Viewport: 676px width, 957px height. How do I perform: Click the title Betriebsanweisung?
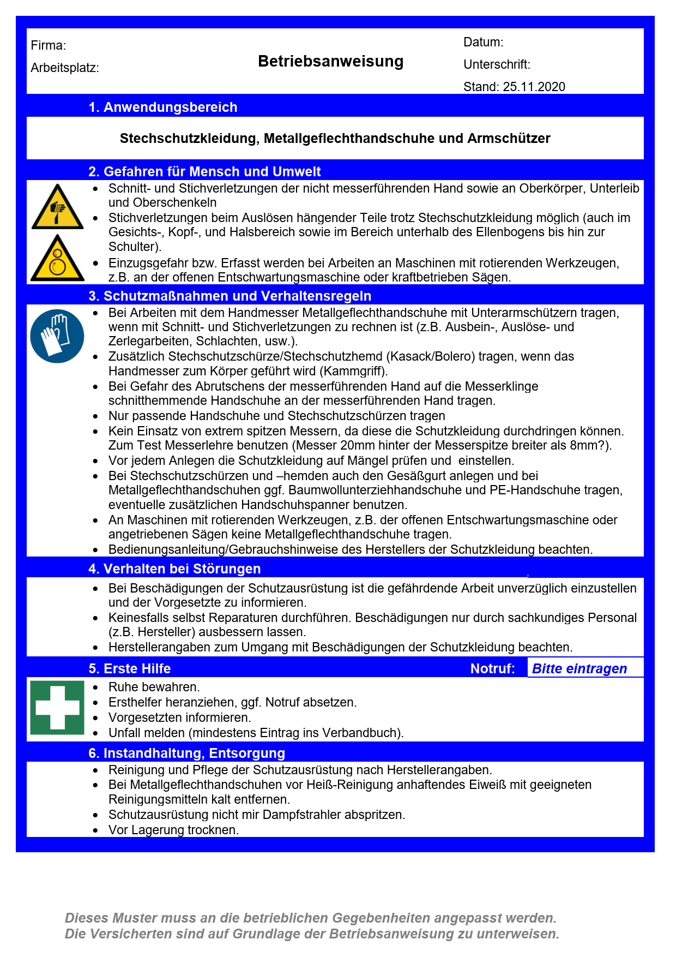tap(330, 61)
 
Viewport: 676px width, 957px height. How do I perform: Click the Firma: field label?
tap(49, 45)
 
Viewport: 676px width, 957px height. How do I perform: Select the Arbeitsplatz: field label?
tap(65, 68)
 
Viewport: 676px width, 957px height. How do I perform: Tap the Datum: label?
tap(483, 42)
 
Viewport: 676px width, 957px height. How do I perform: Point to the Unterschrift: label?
tap(497, 64)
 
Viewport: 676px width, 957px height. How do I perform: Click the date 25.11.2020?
tap(534, 87)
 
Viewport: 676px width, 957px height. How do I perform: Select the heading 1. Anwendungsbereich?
tap(162, 107)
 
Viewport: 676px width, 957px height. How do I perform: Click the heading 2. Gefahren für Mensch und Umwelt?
tap(204, 171)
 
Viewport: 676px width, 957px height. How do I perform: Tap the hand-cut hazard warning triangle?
tap(57, 208)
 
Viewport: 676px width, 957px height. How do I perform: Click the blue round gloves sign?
tap(57, 336)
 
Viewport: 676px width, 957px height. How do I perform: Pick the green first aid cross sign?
tap(57, 707)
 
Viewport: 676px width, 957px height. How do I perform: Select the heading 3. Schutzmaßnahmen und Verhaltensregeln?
tap(230, 296)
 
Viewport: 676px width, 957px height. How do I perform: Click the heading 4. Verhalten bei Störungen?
tap(174, 569)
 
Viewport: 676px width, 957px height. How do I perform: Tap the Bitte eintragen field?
tap(579, 668)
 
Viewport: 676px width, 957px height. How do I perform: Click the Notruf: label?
tap(492, 668)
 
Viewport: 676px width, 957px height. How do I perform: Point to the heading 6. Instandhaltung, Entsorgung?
tap(186, 753)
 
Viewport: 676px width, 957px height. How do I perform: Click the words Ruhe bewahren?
tap(154, 686)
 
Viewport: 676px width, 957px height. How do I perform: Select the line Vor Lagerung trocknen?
tap(173, 830)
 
